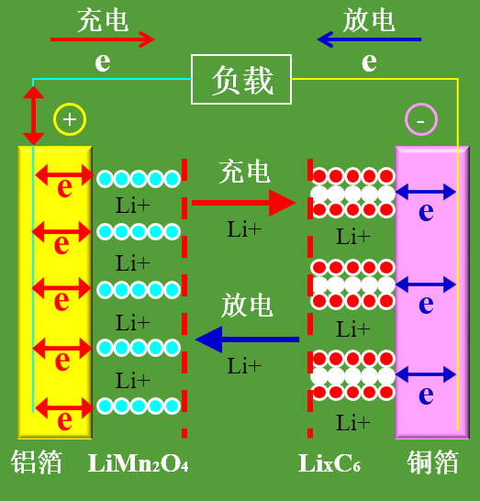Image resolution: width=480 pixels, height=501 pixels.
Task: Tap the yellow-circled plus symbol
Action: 70,119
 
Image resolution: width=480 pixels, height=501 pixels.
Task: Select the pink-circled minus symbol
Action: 421,119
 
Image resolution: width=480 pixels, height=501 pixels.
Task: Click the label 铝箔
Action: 37,462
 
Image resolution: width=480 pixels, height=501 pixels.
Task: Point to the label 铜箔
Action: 432,462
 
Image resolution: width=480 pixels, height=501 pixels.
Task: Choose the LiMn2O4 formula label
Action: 138,463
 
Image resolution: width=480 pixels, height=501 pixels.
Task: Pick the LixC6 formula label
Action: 329,463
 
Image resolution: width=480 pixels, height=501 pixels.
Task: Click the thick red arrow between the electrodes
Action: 244,203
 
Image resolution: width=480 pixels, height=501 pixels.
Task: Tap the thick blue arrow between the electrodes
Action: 247,340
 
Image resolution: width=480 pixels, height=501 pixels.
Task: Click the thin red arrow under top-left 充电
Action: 103,39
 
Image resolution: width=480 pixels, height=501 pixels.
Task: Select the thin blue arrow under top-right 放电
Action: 369,39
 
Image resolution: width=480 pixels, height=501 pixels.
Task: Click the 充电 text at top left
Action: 103,20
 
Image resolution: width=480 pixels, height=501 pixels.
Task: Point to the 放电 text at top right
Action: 369,20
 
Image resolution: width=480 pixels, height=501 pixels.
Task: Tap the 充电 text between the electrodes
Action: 244,172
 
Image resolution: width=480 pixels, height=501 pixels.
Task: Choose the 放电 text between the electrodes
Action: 247,306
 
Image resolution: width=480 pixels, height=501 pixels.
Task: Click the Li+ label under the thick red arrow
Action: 244,229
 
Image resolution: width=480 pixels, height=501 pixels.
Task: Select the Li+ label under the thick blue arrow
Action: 244,365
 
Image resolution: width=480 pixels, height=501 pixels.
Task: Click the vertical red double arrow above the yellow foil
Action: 33,116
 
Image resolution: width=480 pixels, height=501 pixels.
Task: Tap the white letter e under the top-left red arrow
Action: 103,61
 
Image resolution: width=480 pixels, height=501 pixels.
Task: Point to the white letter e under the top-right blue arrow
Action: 369,61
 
